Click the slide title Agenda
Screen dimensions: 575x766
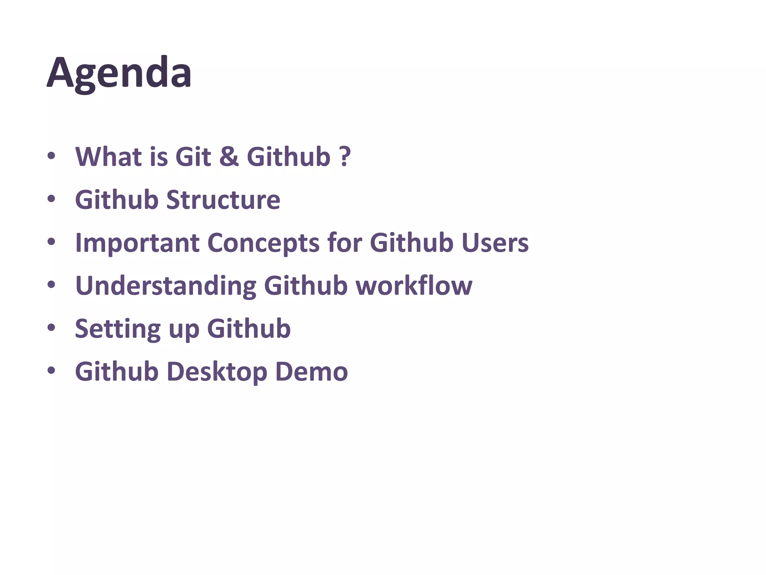point(119,73)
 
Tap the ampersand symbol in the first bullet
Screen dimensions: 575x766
point(229,156)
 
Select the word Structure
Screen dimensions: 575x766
point(223,200)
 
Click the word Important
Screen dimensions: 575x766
point(137,243)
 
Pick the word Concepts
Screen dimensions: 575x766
point(263,243)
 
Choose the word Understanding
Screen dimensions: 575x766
point(165,286)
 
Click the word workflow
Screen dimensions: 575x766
point(414,286)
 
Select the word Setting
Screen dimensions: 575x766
point(118,329)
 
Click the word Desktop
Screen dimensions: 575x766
point(217,372)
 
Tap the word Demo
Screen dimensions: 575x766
point(311,372)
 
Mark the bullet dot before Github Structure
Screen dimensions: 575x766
point(51,199)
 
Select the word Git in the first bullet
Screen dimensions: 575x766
point(193,156)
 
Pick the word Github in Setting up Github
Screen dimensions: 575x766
point(249,329)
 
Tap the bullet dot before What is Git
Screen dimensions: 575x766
point(51,156)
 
